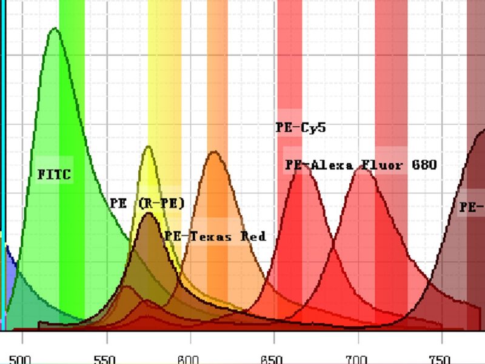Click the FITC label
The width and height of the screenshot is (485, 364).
click(x=55, y=175)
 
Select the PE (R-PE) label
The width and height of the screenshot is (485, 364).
click(x=147, y=203)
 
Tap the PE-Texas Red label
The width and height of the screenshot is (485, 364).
click(x=215, y=236)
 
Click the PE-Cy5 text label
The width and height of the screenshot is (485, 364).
click(x=301, y=127)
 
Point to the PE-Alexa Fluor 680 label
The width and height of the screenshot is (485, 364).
click(x=361, y=164)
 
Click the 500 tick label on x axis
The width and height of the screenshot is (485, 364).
click(x=20, y=359)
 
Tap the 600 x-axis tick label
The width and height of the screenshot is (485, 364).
click(x=190, y=359)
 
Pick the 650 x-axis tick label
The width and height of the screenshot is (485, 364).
click(x=273, y=359)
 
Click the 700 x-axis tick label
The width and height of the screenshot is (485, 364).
click(x=358, y=359)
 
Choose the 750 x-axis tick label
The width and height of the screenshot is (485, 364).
click(x=441, y=359)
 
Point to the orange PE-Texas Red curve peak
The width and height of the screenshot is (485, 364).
click(x=213, y=152)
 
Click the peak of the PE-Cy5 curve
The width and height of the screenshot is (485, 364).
click(x=301, y=163)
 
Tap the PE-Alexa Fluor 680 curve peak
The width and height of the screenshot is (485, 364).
click(x=363, y=167)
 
